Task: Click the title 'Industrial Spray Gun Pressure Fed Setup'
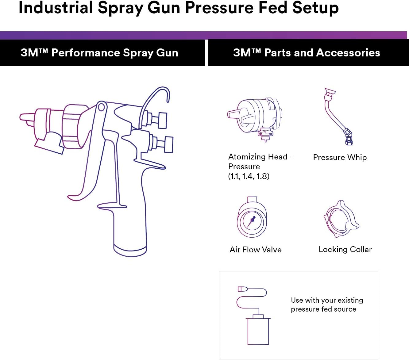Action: point(179,8)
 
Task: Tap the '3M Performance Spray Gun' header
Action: point(99,53)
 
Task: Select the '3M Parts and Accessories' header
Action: point(307,53)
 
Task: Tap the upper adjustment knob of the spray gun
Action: point(162,120)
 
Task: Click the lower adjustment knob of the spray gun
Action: point(168,144)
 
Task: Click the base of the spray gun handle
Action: point(130,250)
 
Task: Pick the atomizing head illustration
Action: point(255,118)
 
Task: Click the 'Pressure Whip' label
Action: point(340,157)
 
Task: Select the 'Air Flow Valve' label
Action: point(255,250)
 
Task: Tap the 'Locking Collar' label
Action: point(345,249)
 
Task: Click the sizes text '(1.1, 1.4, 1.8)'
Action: point(249,176)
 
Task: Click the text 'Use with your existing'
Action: point(327,300)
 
